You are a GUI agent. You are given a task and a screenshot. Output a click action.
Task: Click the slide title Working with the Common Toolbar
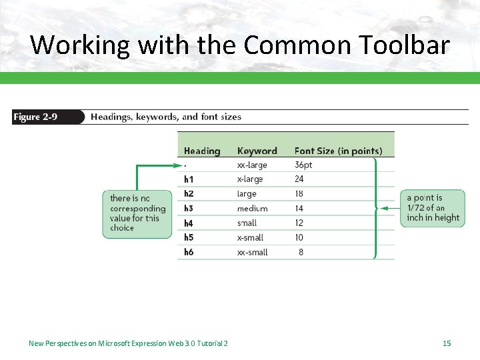(x=240, y=45)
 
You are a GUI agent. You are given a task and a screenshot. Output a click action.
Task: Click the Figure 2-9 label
(x=35, y=117)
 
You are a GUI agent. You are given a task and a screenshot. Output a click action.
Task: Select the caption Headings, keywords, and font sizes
(x=166, y=117)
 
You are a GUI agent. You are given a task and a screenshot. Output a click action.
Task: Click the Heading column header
(x=201, y=151)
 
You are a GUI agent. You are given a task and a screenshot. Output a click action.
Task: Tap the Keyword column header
(x=257, y=151)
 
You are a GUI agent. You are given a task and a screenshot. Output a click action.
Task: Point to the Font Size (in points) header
(x=338, y=151)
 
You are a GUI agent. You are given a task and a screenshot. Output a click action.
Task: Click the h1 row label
(x=189, y=179)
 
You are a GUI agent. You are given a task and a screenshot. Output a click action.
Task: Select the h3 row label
(x=189, y=209)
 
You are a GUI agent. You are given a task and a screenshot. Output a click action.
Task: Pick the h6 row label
(x=189, y=252)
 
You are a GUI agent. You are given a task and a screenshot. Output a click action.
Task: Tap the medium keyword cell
(x=252, y=209)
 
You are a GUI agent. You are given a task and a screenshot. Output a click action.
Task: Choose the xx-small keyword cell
(x=252, y=252)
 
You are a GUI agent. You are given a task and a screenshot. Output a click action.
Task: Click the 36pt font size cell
(x=304, y=165)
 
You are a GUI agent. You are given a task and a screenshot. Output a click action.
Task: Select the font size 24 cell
(x=299, y=179)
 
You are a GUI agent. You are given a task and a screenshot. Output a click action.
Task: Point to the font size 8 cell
(x=301, y=252)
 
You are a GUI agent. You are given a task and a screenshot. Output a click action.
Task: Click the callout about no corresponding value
(x=137, y=213)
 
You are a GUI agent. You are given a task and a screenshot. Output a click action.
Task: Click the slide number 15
(x=447, y=343)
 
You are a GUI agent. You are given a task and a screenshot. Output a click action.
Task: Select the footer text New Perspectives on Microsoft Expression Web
(x=128, y=343)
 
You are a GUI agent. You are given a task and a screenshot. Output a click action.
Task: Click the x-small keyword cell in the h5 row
(x=250, y=237)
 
